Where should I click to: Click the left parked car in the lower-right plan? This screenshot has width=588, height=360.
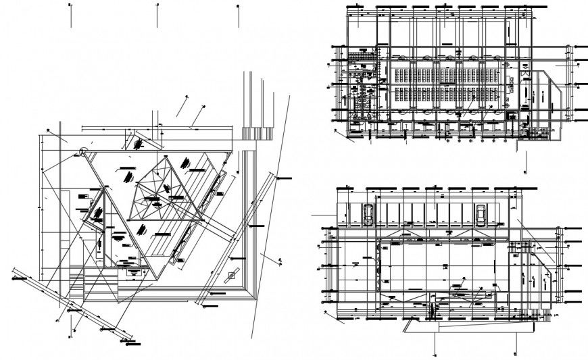click(x=369, y=213)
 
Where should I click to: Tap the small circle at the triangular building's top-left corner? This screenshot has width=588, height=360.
click(x=83, y=152)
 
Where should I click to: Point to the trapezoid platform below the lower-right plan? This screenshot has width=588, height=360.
click(x=466, y=326)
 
